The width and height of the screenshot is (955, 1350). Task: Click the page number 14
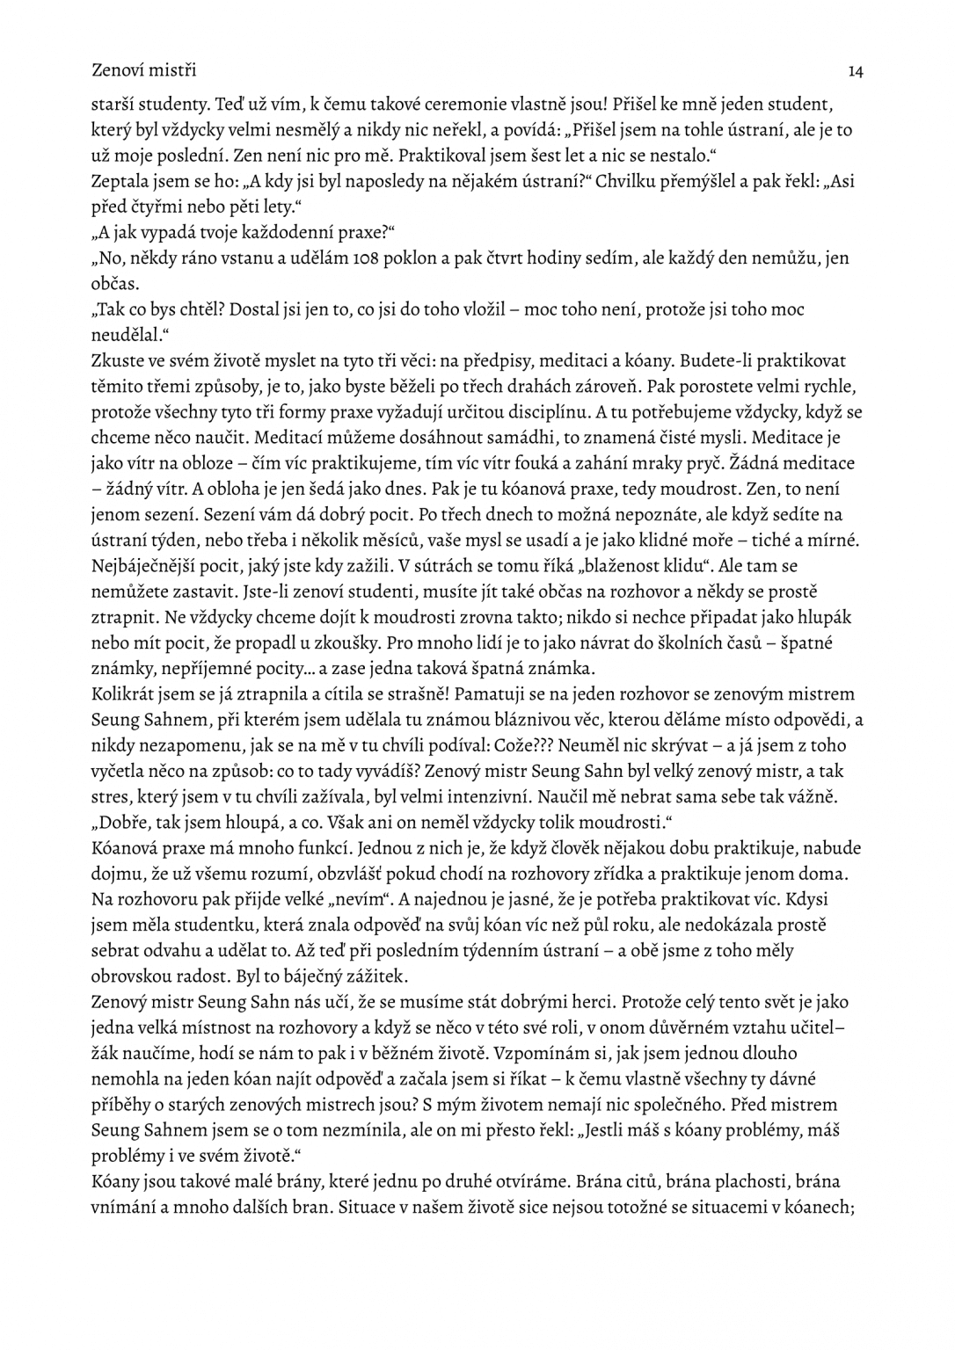coord(855,70)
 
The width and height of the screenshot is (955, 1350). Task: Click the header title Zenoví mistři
coord(143,69)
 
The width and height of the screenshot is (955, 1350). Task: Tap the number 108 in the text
coord(364,258)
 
